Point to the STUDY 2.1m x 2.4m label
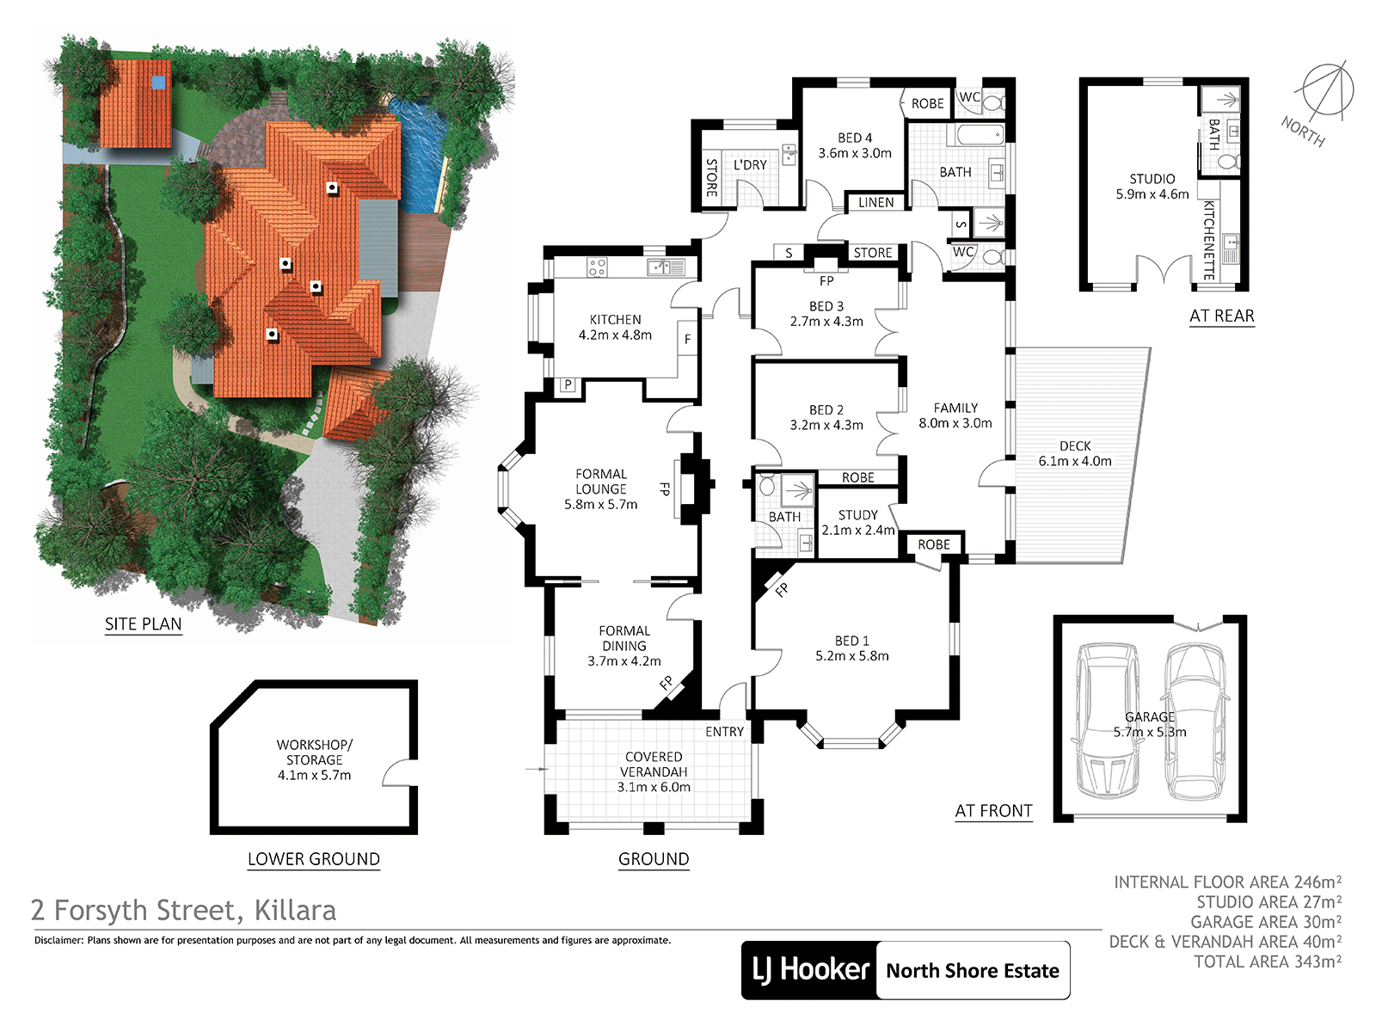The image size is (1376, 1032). pyautogui.click(x=857, y=523)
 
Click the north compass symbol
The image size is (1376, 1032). pyautogui.click(x=1327, y=91)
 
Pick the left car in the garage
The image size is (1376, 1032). pyautogui.click(x=1107, y=722)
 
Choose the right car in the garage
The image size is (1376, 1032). pyautogui.click(x=1196, y=722)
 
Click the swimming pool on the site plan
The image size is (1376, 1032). pyautogui.click(x=419, y=154)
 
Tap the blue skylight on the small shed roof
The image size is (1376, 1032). pyautogui.click(x=159, y=82)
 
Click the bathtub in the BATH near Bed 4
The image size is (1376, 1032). pyautogui.click(x=980, y=134)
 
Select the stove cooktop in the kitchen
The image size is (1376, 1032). pyautogui.click(x=596, y=267)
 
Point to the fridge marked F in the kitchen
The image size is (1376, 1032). pyautogui.click(x=688, y=338)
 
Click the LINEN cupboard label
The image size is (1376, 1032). pyautogui.click(x=875, y=202)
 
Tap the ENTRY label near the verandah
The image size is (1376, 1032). pyautogui.click(x=724, y=732)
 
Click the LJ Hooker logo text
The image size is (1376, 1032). pyautogui.click(x=811, y=970)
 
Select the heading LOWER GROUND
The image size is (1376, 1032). pyautogui.click(x=313, y=859)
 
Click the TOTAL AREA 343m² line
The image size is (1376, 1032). pyautogui.click(x=1267, y=961)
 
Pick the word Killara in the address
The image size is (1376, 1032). pyautogui.click(x=295, y=911)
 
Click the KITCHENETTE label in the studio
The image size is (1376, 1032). pyautogui.click(x=1209, y=240)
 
